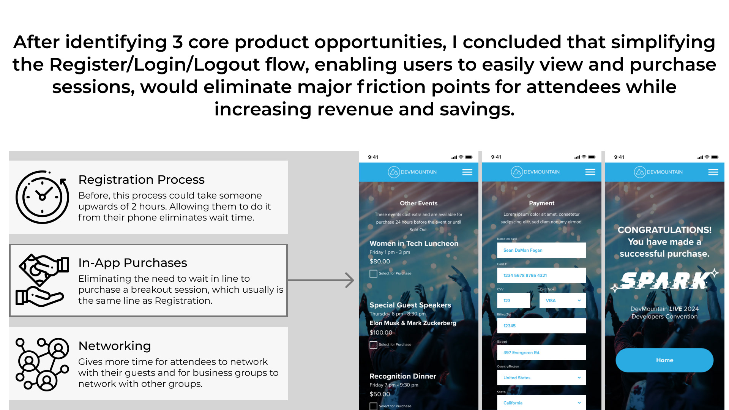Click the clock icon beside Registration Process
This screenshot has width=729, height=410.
42,197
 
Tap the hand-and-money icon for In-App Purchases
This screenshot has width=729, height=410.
42,280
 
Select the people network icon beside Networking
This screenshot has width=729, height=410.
42,364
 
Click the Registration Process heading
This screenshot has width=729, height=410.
141,180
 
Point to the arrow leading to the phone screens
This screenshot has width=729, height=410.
321,280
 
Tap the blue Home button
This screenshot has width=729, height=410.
664,360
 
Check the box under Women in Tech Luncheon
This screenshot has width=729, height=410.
373,273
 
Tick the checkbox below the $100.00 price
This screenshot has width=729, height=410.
373,345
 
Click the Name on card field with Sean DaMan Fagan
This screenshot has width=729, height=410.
541,250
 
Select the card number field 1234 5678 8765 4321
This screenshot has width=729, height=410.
541,275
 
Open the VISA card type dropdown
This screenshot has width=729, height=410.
563,300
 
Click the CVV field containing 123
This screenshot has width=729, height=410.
513,300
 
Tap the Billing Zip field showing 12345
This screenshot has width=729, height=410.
541,326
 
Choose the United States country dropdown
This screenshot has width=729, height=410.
541,378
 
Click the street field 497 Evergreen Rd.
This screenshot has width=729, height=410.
541,352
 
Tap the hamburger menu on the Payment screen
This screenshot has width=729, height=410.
590,172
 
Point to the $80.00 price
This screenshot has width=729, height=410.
380,261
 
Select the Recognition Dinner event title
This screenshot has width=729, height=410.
403,376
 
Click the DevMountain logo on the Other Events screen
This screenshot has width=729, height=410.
412,172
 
